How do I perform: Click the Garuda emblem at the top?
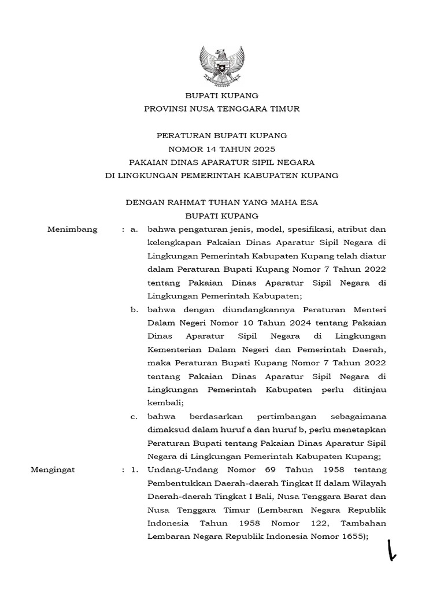coord(221,65)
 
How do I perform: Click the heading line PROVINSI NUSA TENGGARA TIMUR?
coord(221,109)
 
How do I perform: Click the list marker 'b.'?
coord(134,309)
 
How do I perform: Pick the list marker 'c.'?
coord(134,416)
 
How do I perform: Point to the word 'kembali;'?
coord(165,403)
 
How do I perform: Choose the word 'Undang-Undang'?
coord(180,469)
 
